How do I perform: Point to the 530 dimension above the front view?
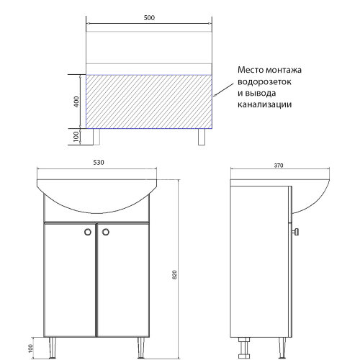pos(97,162)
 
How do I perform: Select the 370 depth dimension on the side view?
pos(278,166)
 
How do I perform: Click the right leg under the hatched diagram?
pos(202,137)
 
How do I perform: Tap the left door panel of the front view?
pos(70,281)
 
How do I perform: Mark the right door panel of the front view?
pos(123,281)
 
